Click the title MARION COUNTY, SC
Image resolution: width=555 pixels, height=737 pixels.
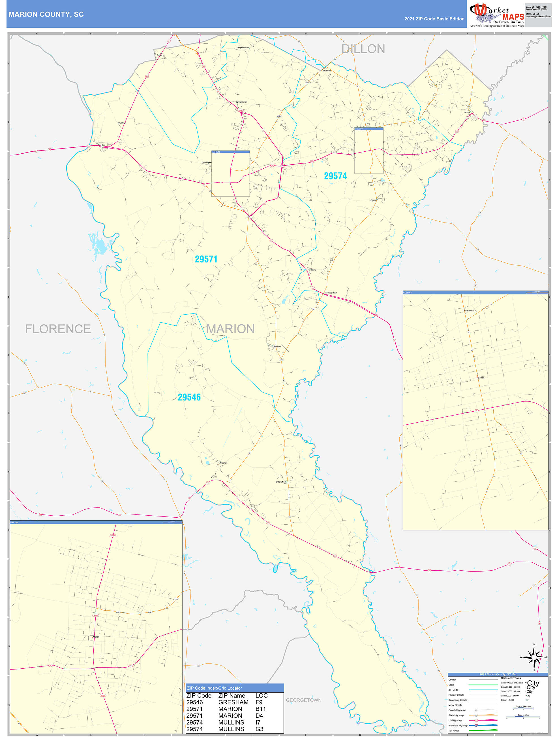click(x=46, y=14)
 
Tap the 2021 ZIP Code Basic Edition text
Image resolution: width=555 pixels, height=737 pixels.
click(x=434, y=19)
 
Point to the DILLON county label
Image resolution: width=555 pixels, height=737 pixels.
click(x=363, y=49)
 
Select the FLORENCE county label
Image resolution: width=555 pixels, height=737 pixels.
click(x=58, y=329)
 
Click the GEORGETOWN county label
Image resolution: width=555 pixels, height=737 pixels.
click(x=303, y=700)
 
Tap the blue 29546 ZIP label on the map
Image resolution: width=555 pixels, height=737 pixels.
click(x=189, y=397)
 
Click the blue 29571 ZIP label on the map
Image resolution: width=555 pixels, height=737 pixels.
click(x=206, y=259)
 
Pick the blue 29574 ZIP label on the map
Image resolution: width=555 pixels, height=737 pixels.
click(x=335, y=176)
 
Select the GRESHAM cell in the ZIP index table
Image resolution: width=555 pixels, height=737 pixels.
click(x=233, y=702)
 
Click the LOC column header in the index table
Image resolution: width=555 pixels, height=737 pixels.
click(x=261, y=695)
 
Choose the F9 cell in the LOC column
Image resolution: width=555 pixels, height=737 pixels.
click(x=259, y=702)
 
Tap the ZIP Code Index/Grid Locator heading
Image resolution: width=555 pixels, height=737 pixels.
click(x=214, y=688)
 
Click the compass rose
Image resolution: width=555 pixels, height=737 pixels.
click(x=534, y=657)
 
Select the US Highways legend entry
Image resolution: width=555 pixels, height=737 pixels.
click(x=455, y=720)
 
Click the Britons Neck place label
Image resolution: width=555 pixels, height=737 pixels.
click(x=281, y=482)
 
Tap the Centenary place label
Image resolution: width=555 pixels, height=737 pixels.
click(x=277, y=346)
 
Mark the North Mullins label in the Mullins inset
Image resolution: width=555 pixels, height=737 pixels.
click(x=469, y=310)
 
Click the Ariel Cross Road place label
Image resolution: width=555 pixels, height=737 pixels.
click(x=330, y=293)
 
